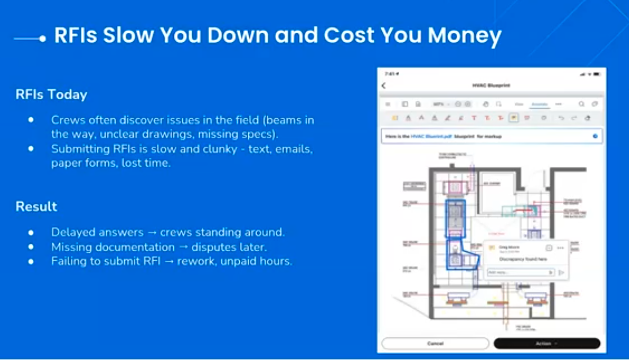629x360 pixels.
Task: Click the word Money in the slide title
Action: (x=464, y=36)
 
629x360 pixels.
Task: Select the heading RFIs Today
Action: (x=51, y=95)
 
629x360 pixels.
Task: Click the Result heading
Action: (x=36, y=207)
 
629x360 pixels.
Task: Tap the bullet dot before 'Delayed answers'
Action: (x=31, y=232)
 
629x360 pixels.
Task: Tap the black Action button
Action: (x=547, y=344)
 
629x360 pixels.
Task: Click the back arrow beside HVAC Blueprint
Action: (x=384, y=86)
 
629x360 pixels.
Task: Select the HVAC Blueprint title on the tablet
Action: (x=491, y=86)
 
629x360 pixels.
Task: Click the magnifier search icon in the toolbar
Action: (x=581, y=104)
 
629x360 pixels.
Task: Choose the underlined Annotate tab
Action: (x=539, y=104)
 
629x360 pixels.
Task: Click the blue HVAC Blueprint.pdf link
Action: (x=430, y=136)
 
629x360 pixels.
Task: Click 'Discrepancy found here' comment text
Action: (x=522, y=259)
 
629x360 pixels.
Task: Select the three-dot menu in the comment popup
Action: (x=560, y=248)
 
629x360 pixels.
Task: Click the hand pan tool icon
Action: (x=486, y=104)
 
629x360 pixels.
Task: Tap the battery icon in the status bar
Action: (x=596, y=74)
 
